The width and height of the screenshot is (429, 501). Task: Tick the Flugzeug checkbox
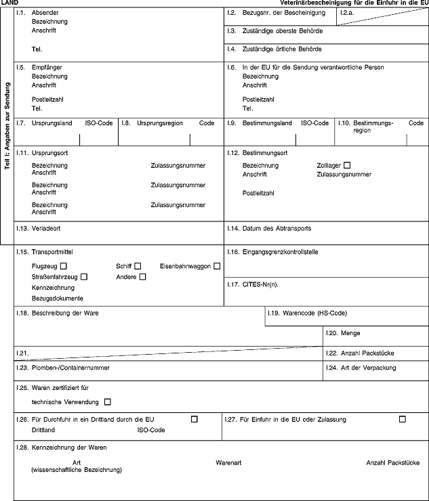(63, 265)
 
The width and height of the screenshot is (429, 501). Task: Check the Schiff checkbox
(138, 265)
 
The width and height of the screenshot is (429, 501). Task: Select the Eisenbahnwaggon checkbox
(216, 265)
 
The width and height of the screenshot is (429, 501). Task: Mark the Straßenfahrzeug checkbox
(84, 277)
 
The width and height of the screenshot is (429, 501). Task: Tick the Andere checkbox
(142, 277)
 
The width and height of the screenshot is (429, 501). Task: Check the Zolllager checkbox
(347, 165)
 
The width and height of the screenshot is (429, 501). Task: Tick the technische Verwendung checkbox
(108, 402)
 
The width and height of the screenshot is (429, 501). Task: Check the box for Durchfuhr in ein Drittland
(194, 419)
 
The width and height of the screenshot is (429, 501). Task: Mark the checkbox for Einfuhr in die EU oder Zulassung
(403, 419)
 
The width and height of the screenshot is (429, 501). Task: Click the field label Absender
(45, 13)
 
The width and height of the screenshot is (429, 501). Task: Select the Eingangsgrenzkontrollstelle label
(281, 252)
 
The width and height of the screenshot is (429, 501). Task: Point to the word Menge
(350, 332)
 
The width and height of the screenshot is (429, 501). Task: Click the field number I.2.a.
(347, 13)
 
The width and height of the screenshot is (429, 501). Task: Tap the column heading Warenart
(228, 462)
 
